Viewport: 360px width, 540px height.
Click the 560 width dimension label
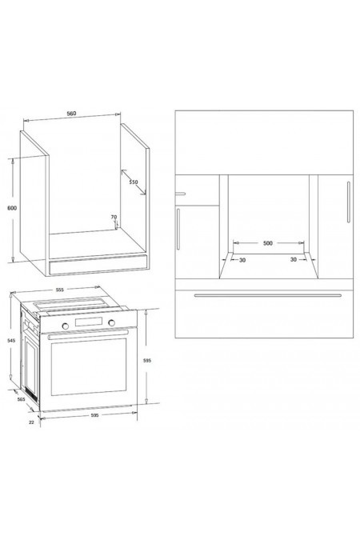tap(71, 114)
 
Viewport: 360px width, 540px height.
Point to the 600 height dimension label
tap(12, 208)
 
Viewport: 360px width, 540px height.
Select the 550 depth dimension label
tap(134, 182)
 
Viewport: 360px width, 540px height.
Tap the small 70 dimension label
tap(114, 217)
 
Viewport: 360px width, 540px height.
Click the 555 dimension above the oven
tap(59, 290)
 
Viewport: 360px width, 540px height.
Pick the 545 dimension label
tap(11, 340)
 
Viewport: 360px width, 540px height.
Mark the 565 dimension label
tap(22, 399)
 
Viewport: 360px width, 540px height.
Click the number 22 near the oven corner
tap(31, 422)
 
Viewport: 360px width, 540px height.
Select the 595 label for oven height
tap(146, 361)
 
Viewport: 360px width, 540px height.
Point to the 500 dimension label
tap(268, 243)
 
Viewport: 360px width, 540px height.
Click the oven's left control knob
tap(65, 326)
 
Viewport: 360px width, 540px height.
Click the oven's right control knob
tap(111, 322)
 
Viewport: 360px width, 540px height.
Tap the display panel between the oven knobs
tap(88, 322)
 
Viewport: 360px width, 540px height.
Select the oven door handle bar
tap(88, 334)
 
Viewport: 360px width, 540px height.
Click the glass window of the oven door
tap(89, 366)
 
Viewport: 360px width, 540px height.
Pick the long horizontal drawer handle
tap(268, 295)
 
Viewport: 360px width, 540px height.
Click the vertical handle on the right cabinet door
tap(349, 202)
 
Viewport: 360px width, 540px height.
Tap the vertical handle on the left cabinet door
tap(178, 229)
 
